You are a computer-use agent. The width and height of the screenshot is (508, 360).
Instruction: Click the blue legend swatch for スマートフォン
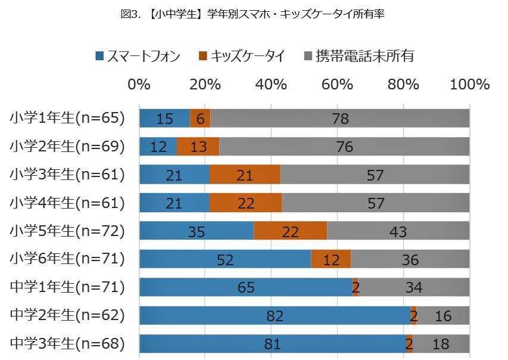pos(100,56)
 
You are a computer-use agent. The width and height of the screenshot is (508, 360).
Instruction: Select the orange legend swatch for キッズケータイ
pos(202,56)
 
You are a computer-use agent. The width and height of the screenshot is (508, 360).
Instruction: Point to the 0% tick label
pos(139,84)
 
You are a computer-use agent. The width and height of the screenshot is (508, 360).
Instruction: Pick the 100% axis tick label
pos(470,84)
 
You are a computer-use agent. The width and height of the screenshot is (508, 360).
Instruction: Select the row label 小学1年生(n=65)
pos(67,118)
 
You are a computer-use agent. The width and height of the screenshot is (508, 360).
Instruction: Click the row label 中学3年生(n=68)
pos(67,343)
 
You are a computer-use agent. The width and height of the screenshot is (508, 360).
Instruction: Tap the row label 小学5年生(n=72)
pos(67,231)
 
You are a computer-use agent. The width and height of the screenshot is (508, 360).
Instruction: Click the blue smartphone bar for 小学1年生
pos(164,118)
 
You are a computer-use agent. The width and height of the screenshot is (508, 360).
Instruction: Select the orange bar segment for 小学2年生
pos(198,146)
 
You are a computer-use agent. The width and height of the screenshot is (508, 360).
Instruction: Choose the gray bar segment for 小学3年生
pos(375,175)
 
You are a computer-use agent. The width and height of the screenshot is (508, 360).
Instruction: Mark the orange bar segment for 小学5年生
pos(290,231)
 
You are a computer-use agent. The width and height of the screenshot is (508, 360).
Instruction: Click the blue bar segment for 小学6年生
pos(225,259)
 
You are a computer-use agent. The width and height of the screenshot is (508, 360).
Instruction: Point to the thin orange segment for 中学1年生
pos(356,287)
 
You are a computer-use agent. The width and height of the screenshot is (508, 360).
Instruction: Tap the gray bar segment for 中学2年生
pos(443,315)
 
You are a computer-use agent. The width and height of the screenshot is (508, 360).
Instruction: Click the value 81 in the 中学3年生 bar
pos(272,344)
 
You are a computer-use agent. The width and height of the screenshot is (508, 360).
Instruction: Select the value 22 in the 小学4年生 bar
pos(245,203)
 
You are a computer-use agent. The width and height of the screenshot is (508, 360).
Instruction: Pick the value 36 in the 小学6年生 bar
pos(410,260)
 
